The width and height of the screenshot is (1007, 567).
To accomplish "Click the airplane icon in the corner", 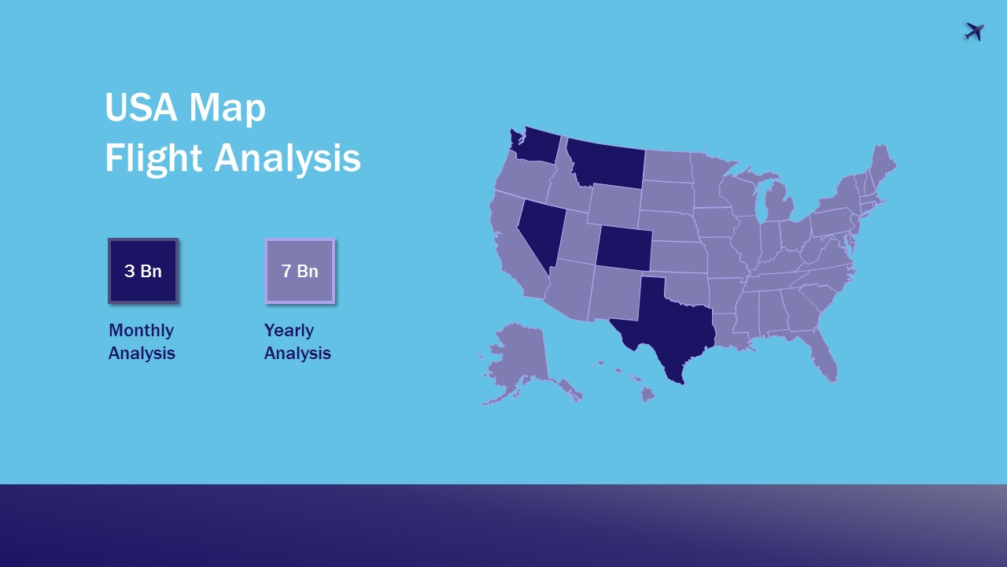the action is (x=974, y=32).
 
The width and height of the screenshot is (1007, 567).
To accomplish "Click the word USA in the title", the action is (x=141, y=107).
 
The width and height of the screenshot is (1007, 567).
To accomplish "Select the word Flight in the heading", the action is (x=153, y=158).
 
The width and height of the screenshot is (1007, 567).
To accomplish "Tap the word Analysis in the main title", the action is (x=288, y=158).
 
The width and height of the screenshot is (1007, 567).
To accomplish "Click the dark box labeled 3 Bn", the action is (x=143, y=271).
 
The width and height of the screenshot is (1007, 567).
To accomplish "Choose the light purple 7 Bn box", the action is (x=300, y=271).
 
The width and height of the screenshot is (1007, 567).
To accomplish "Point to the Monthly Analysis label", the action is (x=142, y=342).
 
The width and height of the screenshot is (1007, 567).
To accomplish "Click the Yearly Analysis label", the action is (x=297, y=342).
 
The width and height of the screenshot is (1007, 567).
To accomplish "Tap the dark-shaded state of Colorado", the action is (x=624, y=248).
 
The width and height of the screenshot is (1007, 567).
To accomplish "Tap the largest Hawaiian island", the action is (x=647, y=395).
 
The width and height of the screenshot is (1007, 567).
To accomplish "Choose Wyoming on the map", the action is (x=614, y=206).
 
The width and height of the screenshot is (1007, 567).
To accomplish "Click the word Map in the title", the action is (x=227, y=108).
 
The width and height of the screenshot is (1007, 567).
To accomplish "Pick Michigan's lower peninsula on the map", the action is (x=778, y=202).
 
